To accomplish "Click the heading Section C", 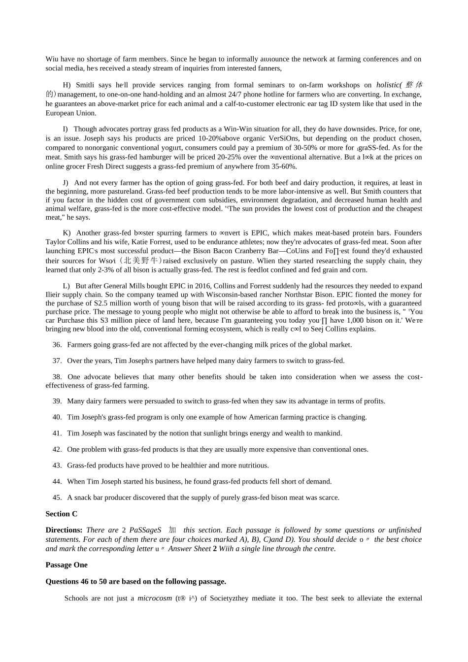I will click(61, 514).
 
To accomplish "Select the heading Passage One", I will click(67, 565).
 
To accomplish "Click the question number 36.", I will click(57, 345).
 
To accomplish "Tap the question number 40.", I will click(57, 417).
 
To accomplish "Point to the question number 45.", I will click(57, 497).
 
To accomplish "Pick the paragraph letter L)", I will click(67, 286).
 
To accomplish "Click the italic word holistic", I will click(388, 85).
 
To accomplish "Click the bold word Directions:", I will click(64, 530).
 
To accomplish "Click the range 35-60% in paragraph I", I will click(284, 166).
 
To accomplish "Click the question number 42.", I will click(57, 449).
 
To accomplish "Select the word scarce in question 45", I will click(329, 497).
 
